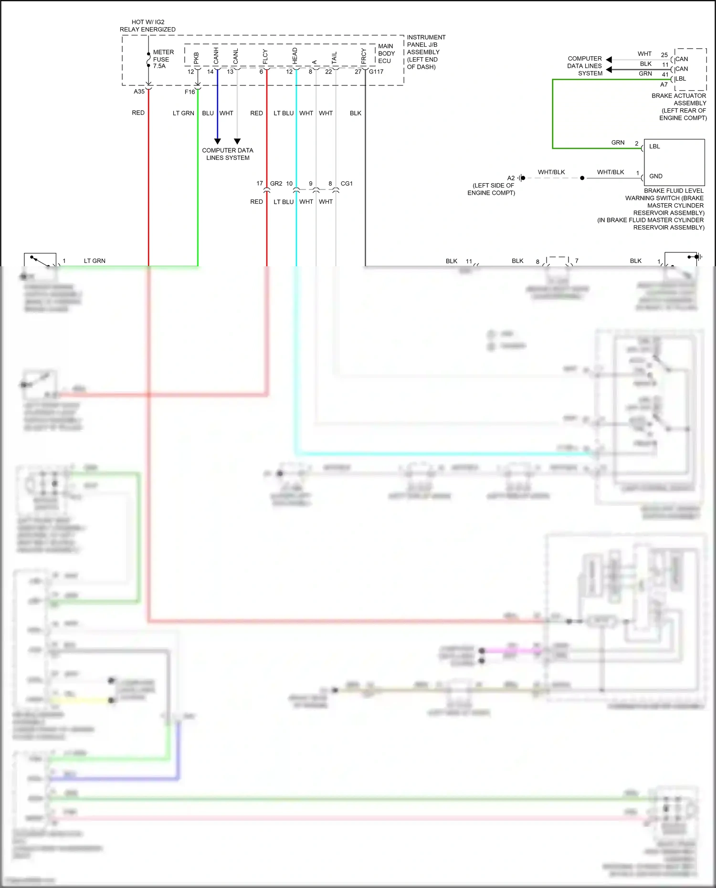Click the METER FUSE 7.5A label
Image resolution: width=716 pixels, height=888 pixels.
click(163, 59)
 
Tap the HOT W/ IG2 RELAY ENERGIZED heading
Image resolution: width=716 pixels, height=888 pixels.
click(147, 26)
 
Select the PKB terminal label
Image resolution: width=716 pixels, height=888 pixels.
click(196, 58)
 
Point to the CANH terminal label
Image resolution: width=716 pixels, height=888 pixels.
click(216, 56)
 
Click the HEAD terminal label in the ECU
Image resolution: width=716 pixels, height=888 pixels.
click(295, 56)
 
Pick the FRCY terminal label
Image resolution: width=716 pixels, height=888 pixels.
click(363, 56)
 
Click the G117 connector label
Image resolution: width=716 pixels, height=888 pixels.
click(376, 72)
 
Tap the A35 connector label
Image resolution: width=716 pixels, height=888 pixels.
click(139, 91)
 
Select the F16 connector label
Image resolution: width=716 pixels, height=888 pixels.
click(190, 92)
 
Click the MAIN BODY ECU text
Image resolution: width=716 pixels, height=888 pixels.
click(386, 53)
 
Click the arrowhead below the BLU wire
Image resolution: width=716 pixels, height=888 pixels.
click(217, 141)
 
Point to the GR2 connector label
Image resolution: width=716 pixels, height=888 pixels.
click(276, 183)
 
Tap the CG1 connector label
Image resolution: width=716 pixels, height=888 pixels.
click(347, 183)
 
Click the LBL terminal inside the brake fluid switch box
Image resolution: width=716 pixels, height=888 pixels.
click(654, 146)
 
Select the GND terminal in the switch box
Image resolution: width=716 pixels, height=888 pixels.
click(655, 176)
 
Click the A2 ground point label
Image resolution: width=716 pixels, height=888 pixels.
click(511, 178)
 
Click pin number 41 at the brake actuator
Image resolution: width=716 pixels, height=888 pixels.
click(665, 74)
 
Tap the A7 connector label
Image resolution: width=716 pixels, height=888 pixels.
click(664, 84)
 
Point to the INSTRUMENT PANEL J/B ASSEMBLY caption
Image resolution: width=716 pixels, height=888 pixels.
click(425, 52)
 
